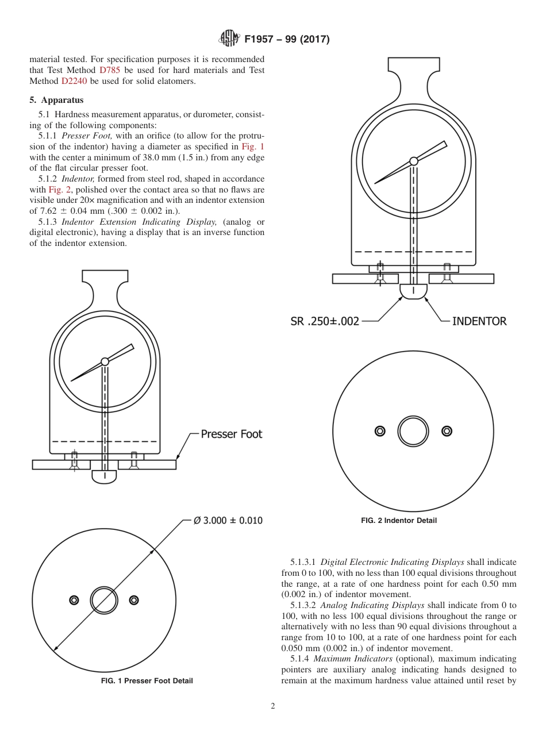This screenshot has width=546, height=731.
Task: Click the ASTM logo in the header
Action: pos(229,39)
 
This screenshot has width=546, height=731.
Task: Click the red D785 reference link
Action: pos(110,70)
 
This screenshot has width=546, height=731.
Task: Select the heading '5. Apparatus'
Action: pos(56,99)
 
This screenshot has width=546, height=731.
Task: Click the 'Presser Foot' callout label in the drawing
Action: pos(231,434)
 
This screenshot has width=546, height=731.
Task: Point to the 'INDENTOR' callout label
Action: pos(479,321)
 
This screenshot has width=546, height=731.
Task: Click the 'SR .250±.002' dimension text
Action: pos(325,321)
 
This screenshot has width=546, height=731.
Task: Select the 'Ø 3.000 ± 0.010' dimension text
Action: pos(228,520)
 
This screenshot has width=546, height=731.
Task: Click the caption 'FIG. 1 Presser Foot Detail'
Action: pos(147,681)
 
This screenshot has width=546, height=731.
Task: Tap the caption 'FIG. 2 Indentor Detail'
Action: pos(399,521)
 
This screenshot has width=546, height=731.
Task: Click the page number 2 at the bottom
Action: pos(273,706)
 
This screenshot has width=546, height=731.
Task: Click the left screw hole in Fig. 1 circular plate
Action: pos(74,600)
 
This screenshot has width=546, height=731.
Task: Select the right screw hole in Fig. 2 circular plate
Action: pos(447,431)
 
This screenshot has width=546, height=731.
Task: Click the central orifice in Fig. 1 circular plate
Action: pos(104,600)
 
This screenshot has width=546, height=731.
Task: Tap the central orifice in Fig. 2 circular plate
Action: pos(413,431)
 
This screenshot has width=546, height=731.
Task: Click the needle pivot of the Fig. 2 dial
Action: pos(413,161)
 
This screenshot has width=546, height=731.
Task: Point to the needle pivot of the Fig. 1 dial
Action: pos(105,361)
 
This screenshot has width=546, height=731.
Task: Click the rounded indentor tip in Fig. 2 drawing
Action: pos(413,291)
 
